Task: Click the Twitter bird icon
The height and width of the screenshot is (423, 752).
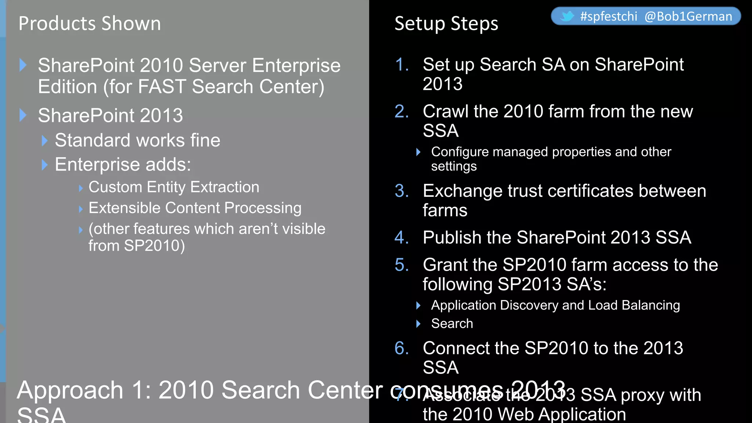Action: click(x=567, y=16)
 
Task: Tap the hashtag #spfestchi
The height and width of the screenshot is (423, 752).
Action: click(x=608, y=17)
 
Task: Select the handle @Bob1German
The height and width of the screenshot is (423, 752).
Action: click(x=688, y=17)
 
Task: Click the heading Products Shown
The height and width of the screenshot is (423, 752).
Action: click(x=90, y=23)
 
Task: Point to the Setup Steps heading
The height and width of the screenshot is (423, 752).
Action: click(x=446, y=23)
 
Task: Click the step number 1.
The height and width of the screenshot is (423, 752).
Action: click(x=401, y=65)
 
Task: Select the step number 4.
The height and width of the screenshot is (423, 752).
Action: click(x=401, y=238)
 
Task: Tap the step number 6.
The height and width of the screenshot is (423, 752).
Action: click(x=401, y=348)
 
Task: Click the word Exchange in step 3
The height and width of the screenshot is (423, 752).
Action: click(x=462, y=191)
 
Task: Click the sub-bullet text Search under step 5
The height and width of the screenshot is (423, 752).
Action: click(x=452, y=323)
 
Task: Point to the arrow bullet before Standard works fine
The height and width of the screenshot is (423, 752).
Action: click(x=45, y=141)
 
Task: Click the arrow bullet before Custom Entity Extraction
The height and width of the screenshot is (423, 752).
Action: click(x=81, y=188)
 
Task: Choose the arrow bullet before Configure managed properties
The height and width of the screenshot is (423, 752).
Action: click(x=418, y=152)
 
